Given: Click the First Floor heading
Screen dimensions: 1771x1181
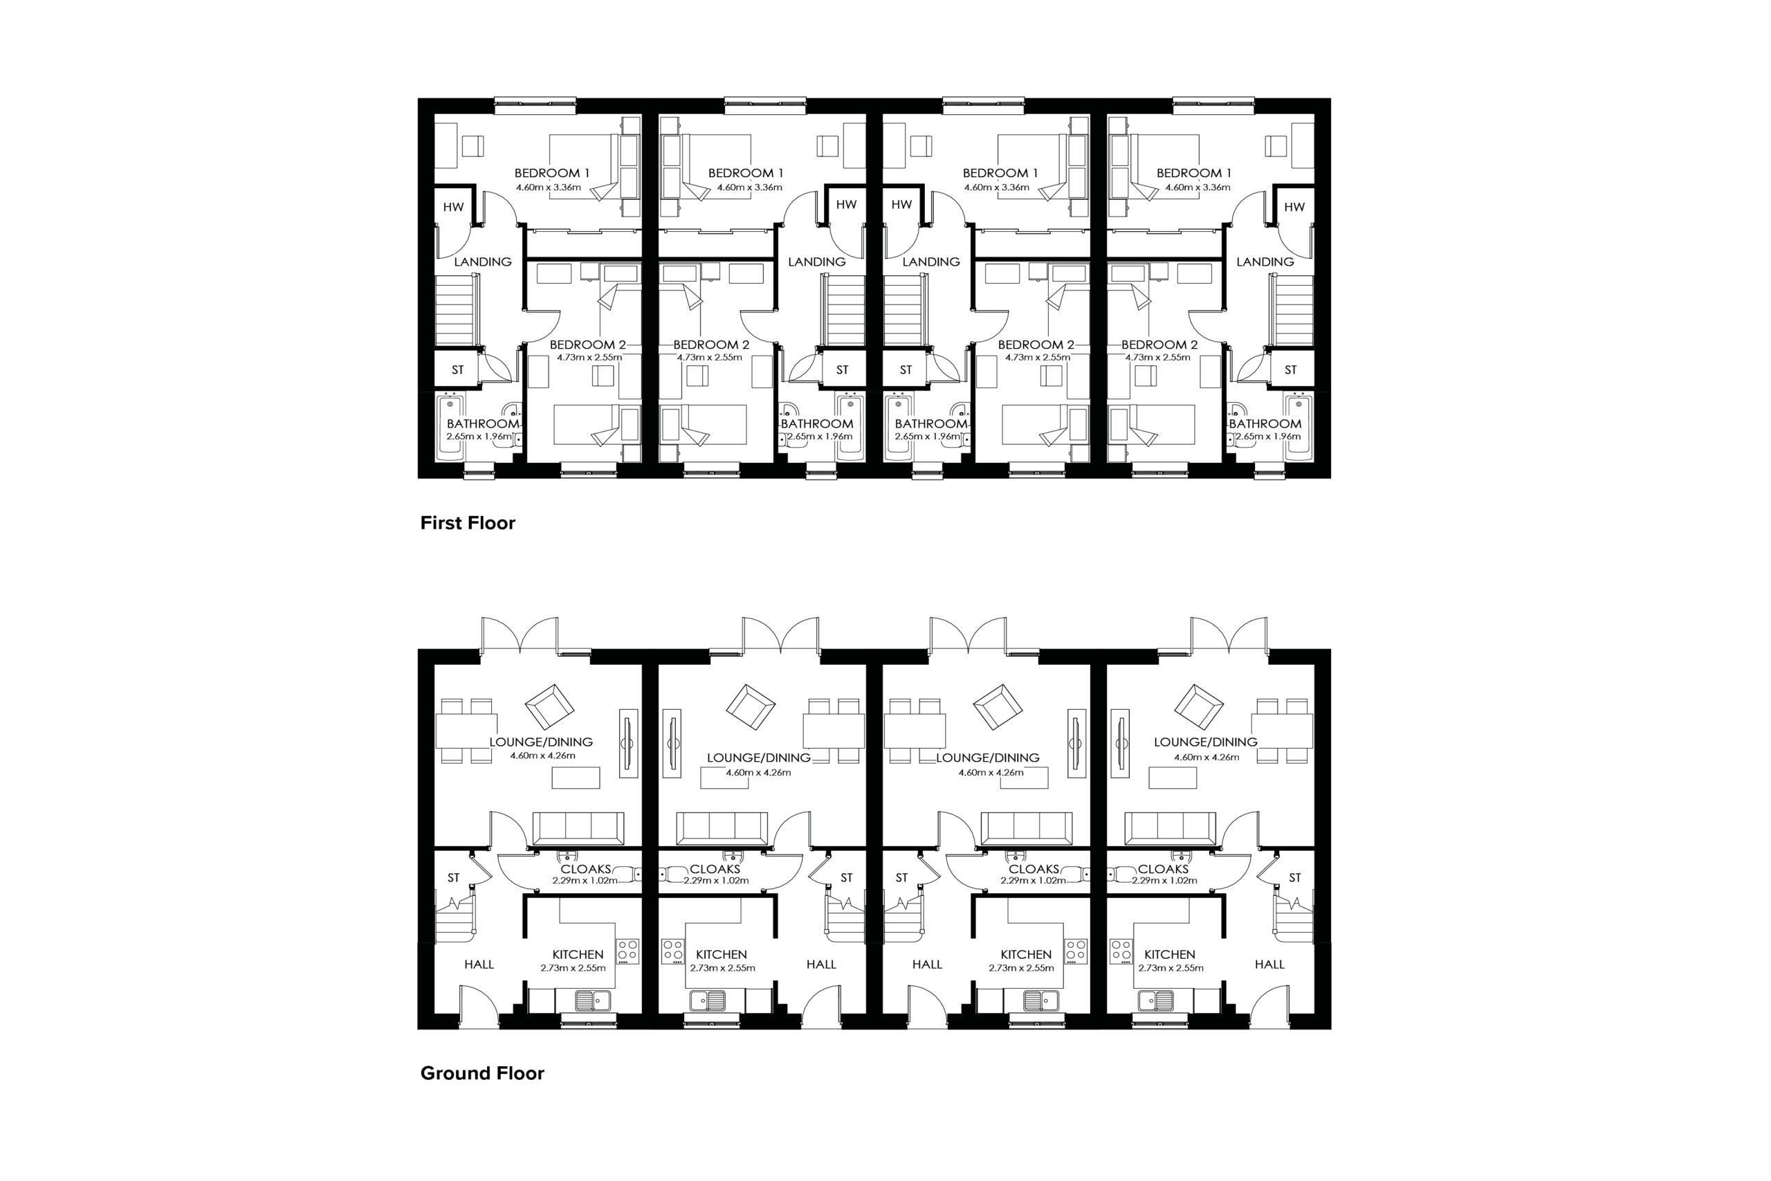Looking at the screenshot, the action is pos(468,523).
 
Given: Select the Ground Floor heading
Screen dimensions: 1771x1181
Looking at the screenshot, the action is pos(482,1073).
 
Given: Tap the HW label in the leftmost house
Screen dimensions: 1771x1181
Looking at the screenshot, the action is pos(453,207).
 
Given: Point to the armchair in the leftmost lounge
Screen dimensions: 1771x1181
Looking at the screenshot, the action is pos(550,707).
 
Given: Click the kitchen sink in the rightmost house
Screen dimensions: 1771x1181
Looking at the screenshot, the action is pos(1155,1000).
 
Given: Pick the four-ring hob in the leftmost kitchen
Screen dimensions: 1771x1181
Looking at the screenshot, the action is pos(628,951).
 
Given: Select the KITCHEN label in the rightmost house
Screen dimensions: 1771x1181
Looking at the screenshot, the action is pos(1169,954).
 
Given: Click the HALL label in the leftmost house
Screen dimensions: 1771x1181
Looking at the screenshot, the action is pos(479,964).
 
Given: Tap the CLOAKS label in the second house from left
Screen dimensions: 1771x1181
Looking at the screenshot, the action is pos(715,869).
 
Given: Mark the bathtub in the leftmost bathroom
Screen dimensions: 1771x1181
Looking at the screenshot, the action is pos(450,426).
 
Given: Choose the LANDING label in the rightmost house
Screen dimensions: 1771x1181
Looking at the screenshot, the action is pos(1265,262).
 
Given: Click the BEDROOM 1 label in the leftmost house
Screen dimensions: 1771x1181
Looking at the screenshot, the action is pos(552,173).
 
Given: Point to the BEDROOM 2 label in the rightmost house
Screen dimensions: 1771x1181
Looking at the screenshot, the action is pos(1159,345).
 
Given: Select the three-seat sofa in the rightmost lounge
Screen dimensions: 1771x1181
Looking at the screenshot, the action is pos(1170,829).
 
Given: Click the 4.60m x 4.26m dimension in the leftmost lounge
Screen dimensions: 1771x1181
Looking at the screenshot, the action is pos(542,756).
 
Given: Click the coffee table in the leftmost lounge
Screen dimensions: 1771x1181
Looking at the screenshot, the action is pos(576,777).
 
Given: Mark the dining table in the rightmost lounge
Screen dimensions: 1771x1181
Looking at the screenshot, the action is pos(1283,730).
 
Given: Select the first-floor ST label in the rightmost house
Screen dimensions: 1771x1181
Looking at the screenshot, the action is pos(1291,370).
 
